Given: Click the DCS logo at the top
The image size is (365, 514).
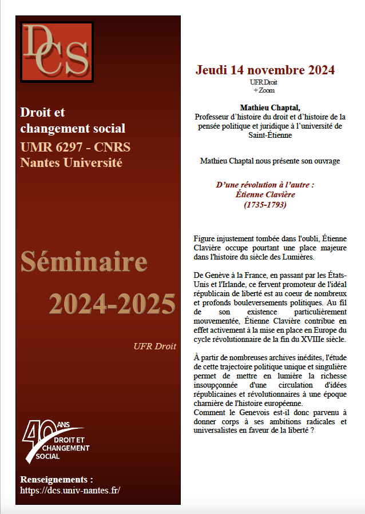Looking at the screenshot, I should (56, 51).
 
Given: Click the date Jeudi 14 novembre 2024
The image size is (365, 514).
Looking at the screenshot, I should (265, 70).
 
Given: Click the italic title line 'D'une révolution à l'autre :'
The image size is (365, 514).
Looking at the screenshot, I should (265, 185).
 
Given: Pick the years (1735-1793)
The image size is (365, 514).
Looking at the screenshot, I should (265, 204).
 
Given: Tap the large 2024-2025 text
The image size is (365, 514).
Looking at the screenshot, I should (112, 303).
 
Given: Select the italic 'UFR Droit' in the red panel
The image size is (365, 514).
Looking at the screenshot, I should (154, 346).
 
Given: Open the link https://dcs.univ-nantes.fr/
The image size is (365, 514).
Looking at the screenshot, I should (70, 490).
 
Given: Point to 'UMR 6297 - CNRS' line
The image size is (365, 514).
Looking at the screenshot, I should (76, 147).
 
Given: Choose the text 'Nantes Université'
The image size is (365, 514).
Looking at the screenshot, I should (72, 162).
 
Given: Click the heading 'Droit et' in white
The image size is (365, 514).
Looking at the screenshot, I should (42, 112).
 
